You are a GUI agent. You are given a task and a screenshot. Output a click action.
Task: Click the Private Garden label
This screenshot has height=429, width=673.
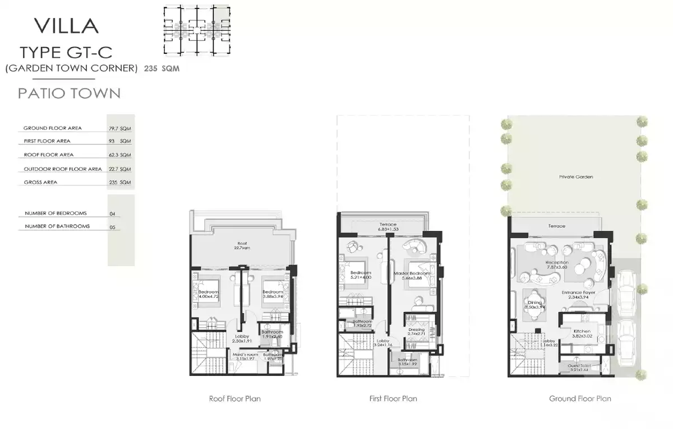coord(576,176)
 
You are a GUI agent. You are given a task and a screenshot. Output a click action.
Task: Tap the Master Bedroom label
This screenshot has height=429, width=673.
coord(411,273)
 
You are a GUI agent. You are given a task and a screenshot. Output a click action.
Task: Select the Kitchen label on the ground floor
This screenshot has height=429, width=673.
coord(582,332)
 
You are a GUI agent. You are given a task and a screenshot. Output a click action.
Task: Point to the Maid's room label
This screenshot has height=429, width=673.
coord(245,355)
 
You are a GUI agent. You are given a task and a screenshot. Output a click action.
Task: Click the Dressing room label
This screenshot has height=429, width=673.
coord(416,330)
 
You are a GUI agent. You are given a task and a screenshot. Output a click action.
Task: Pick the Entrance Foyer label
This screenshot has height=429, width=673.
coord(578,292)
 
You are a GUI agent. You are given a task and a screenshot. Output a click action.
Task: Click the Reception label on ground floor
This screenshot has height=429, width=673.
coord(556,262)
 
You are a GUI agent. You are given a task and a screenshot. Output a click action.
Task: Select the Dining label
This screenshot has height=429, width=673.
coord(534,302)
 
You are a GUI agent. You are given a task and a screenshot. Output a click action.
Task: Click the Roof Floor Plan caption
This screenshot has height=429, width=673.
coord(234,399)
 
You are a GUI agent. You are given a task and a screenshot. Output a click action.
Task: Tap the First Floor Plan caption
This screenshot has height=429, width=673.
coord(393,399)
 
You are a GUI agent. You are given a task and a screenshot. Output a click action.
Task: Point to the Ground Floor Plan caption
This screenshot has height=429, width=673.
coord(580,399)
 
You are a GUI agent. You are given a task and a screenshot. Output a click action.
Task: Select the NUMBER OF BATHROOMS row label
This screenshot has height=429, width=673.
coord(57,226)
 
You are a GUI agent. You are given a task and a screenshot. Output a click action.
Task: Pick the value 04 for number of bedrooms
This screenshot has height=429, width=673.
coord(113,214)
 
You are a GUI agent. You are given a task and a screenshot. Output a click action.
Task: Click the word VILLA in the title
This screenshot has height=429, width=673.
coord(66,26)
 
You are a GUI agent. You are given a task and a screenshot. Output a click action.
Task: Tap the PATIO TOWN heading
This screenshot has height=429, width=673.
coord(69,93)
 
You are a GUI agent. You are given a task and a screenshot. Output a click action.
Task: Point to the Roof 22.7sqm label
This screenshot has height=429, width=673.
coord(242,245)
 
